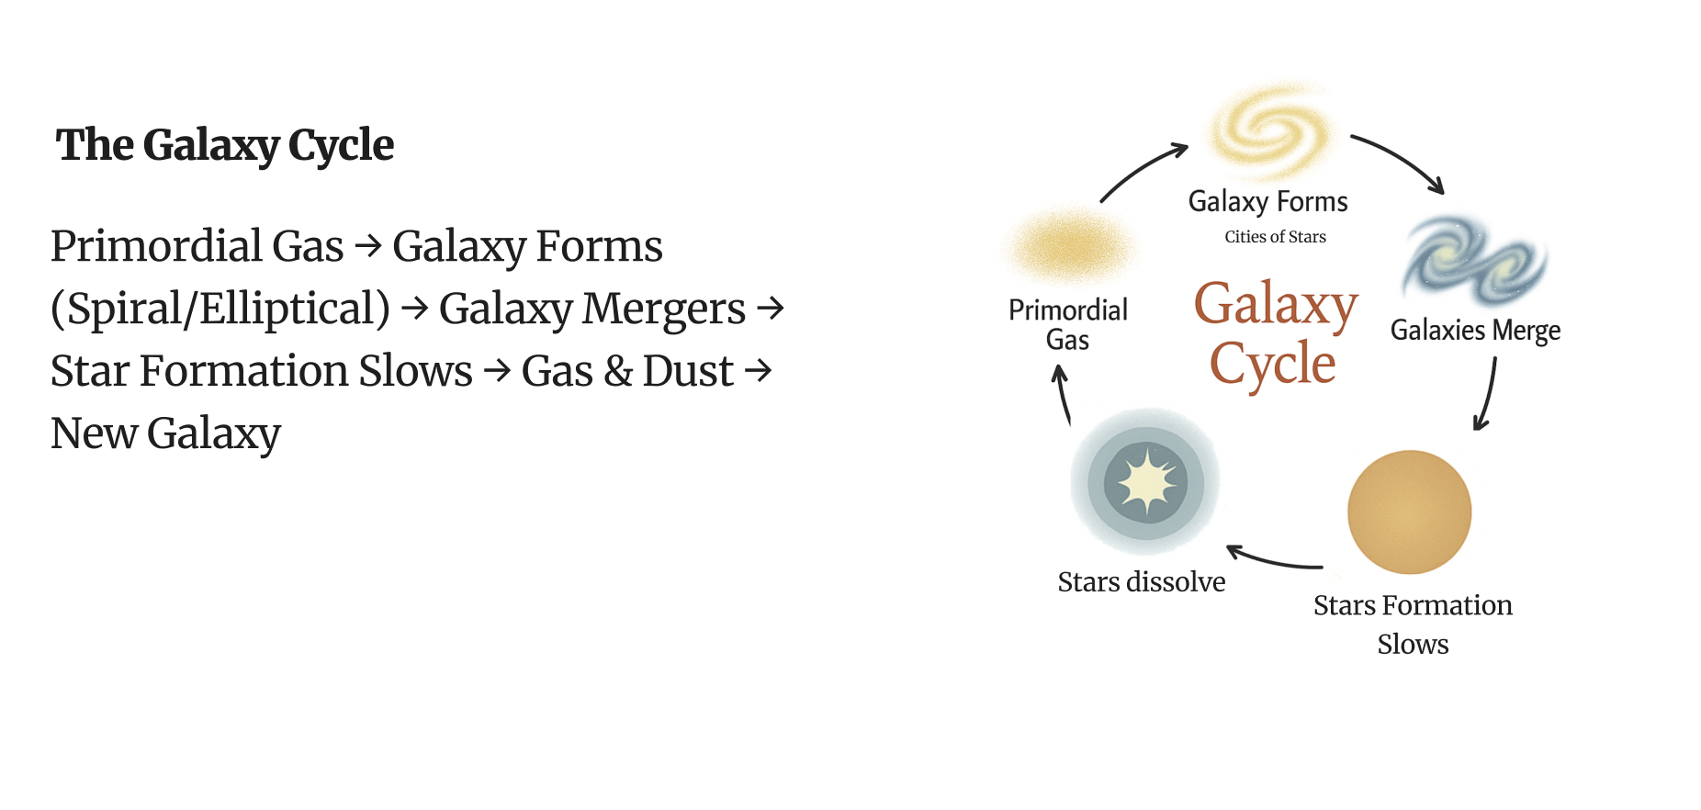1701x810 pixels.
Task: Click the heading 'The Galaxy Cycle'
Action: point(225,145)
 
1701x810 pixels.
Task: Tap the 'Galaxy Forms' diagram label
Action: point(1267,201)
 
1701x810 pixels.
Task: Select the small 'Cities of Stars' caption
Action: point(1275,237)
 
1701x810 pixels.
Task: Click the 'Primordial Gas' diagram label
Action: point(1068,324)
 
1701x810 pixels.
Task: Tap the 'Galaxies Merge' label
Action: point(1475,330)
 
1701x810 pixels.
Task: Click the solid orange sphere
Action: point(1409,512)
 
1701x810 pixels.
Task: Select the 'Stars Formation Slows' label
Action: point(1413,624)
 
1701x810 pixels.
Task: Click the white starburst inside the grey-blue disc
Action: point(1146,481)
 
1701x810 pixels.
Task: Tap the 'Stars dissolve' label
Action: point(1141,582)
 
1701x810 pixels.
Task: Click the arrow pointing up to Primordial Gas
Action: point(1063,394)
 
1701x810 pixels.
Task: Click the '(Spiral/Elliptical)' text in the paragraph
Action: point(220,309)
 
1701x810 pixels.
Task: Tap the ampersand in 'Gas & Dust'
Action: point(618,371)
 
